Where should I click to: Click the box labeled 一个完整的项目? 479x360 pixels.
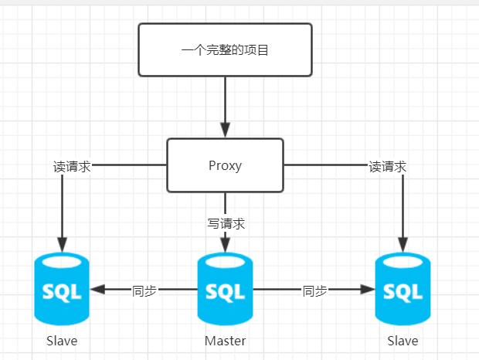tap(225, 49)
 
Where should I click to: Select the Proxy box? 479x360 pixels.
tap(225, 165)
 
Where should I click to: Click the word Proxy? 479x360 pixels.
tap(225, 165)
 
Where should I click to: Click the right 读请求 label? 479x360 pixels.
tap(387, 166)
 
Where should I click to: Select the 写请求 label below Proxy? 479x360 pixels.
tap(226, 224)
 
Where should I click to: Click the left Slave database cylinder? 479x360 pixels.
tap(62, 290)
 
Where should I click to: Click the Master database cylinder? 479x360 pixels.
tap(225, 290)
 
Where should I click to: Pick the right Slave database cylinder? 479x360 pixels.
tap(403, 290)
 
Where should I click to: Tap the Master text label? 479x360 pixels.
tap(225, 341)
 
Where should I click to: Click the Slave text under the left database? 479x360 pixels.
tap(62, 341)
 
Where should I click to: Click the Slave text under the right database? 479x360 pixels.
tap(403, 341)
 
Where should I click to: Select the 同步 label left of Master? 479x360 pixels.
tap(144, 290)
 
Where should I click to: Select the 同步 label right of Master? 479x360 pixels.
tap(314, 290)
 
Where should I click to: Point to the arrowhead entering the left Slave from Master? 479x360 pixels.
tap(97, 290)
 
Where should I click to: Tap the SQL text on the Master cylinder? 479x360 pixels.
tap(225, 292)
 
